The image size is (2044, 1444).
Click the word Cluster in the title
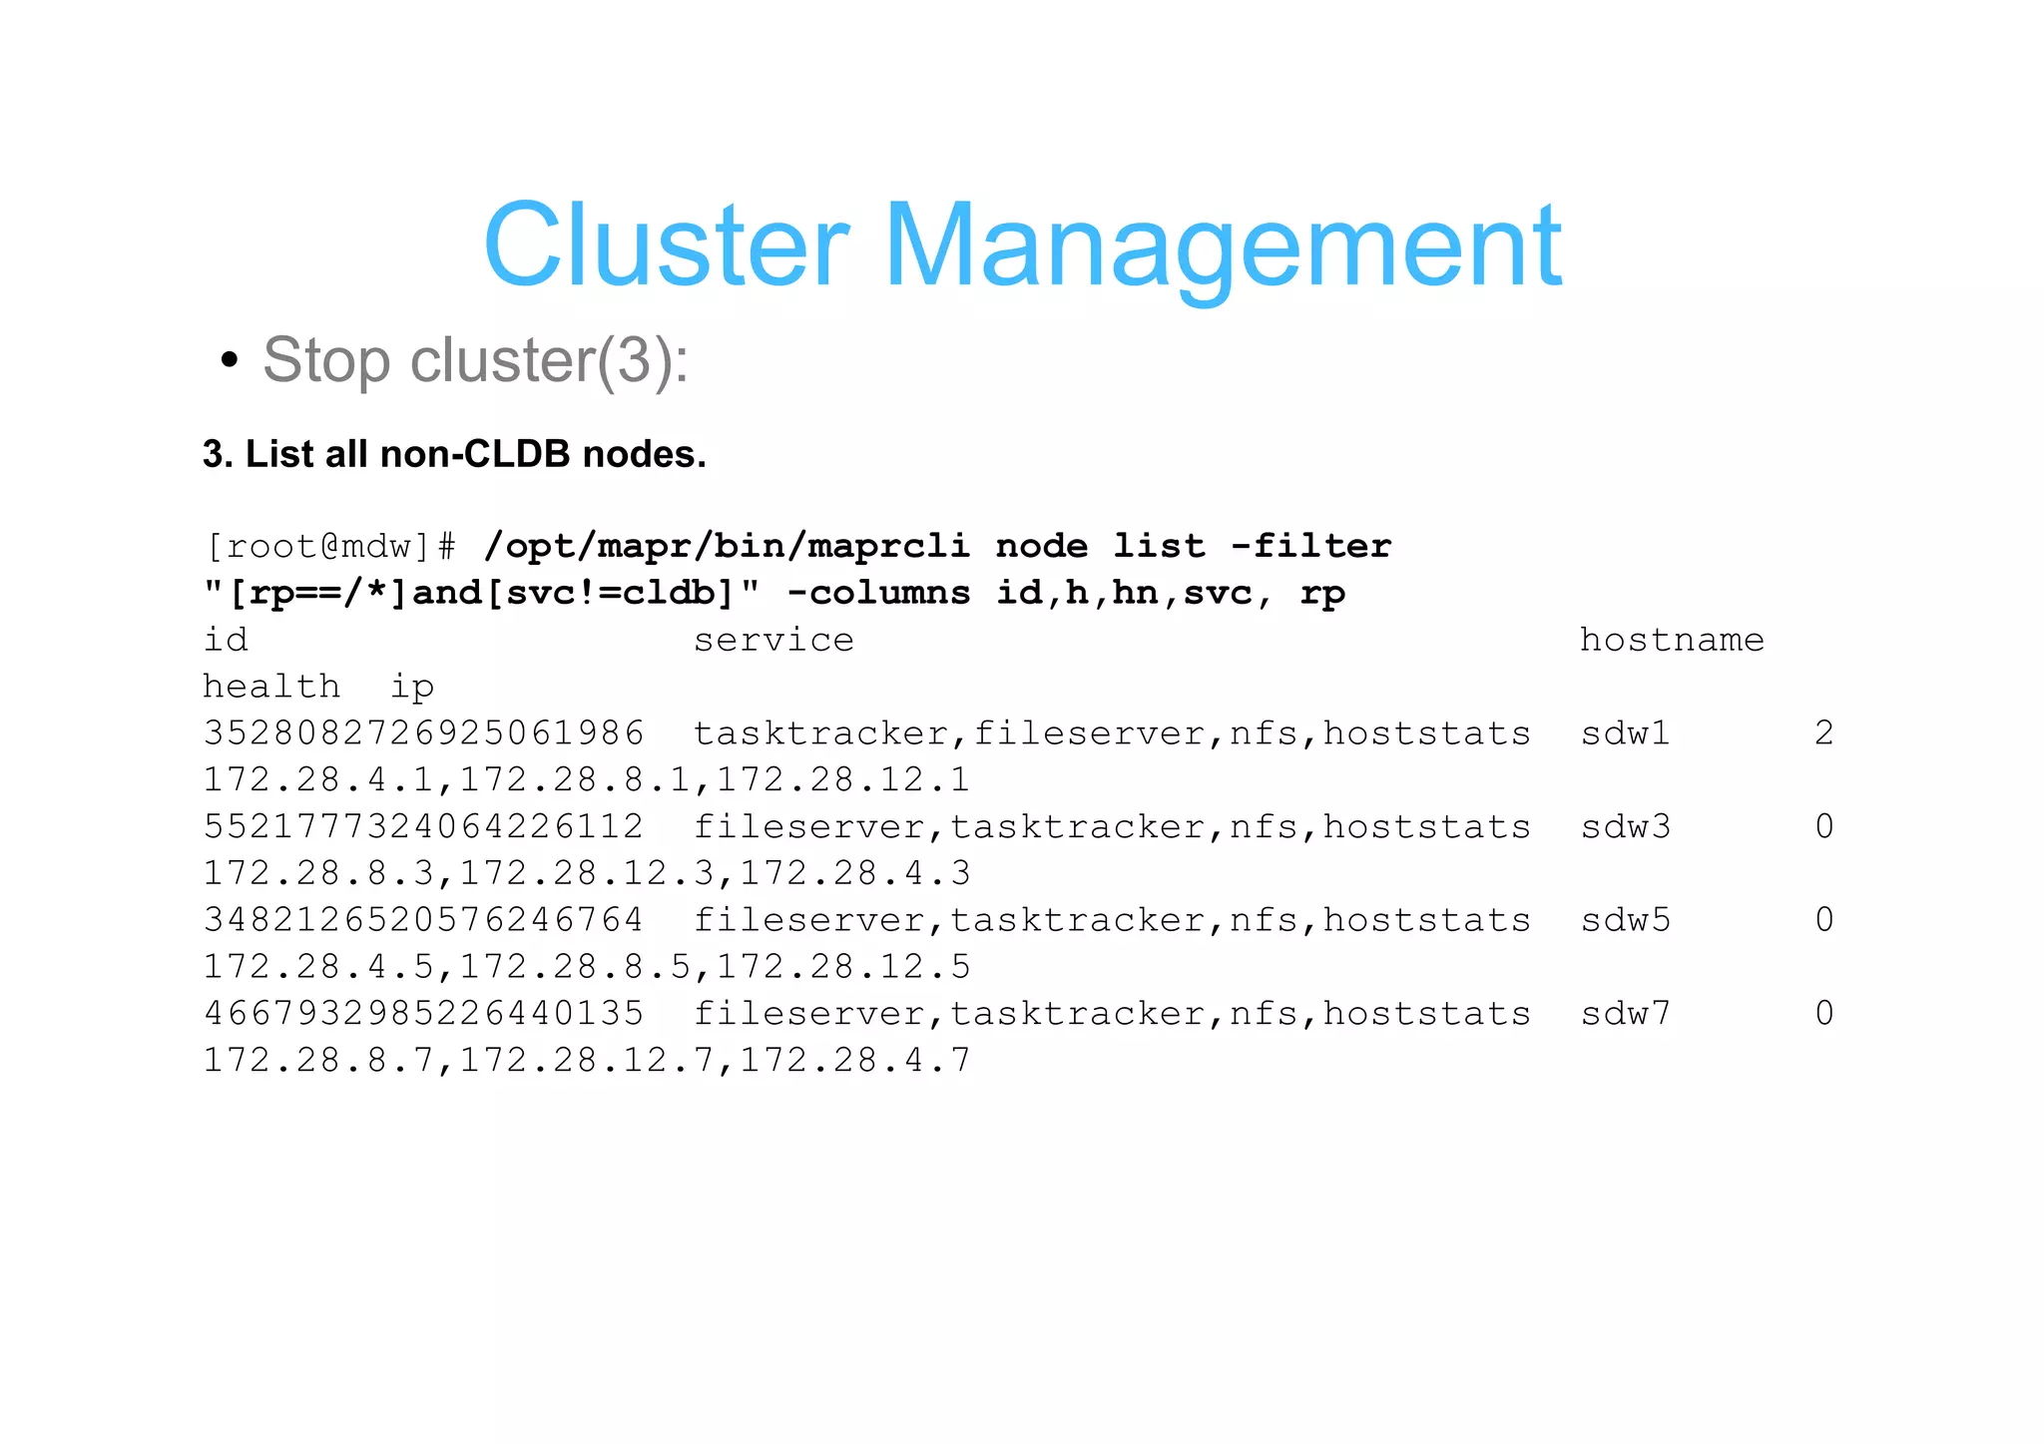pos(666,245)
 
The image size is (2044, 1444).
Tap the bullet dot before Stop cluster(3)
pos(230,360)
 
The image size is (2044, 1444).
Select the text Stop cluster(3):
pos(475,360)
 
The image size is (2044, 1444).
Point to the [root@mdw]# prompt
pos(330,547)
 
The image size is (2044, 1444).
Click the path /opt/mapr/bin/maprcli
pos(727,547)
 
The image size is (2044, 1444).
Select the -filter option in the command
pos(1310,547)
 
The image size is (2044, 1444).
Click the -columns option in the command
pos(878,594)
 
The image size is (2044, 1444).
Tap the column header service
pos(773,641)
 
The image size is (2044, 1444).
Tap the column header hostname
pos(1672,641)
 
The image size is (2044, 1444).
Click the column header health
pos(271,688)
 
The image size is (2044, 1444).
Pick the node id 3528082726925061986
pos(423,733)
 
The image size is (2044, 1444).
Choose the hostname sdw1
pos(1625,733)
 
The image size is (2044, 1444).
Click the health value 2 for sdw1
pos(1823,733)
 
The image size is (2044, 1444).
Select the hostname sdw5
pos(1625,920)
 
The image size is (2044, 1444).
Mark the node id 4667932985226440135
pos(423,1014)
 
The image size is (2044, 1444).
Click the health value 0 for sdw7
pos(1823,1014)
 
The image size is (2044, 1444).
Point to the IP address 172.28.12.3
pos(587,874)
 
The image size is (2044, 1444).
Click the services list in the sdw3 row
pos(1112,827)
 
